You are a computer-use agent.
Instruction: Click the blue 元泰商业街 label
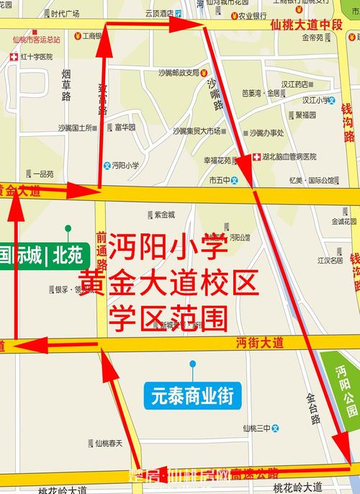(192, 395)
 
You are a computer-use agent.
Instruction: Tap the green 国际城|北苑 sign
(44, 254)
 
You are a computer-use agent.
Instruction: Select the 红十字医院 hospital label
(32, 56)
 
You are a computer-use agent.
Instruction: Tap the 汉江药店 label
(294, 84)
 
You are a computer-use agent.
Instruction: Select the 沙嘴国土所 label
(75, 127)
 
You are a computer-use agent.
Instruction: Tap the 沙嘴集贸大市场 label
(196, 131)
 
